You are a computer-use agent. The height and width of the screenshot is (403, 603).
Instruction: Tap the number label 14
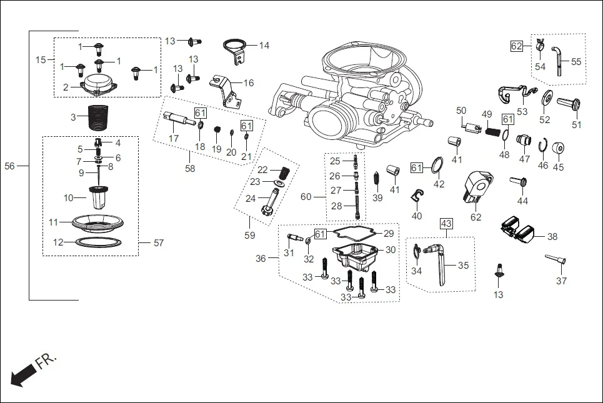pos(264,46)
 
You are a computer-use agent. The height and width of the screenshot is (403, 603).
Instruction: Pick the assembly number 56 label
pos(9,166)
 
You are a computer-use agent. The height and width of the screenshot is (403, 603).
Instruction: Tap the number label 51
pos(576,124)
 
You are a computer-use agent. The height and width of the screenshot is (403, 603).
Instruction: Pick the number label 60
pos(306,197)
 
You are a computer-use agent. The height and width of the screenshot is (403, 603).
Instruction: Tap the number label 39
pos(377,197)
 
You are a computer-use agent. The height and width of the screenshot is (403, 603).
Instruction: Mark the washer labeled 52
pos(545,98)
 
